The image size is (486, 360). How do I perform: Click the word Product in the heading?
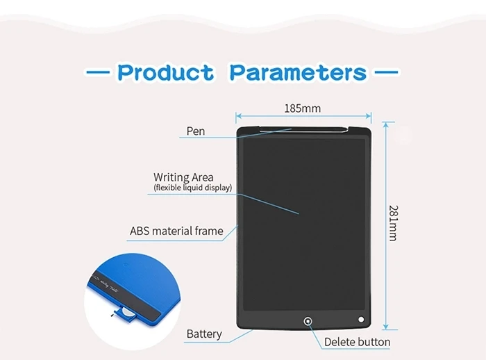point(166,72)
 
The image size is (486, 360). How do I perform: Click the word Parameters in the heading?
point(298,72)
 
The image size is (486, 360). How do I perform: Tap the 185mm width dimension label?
point(302,108)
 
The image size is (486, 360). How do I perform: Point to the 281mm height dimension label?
point(392,222)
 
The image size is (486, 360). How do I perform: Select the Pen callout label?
point(196,131)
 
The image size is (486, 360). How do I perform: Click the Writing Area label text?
point(183,177)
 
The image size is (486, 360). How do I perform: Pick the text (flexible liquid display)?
point(192,188)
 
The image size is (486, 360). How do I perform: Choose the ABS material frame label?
point(176,231)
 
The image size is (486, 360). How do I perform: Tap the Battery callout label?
point(204,334)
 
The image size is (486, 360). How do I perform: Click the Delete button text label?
point(357,342)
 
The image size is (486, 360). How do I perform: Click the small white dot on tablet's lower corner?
point(361,320)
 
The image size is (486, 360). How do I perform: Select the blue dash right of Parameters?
point(386,72)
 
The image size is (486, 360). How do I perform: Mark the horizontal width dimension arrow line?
point(303,118)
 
